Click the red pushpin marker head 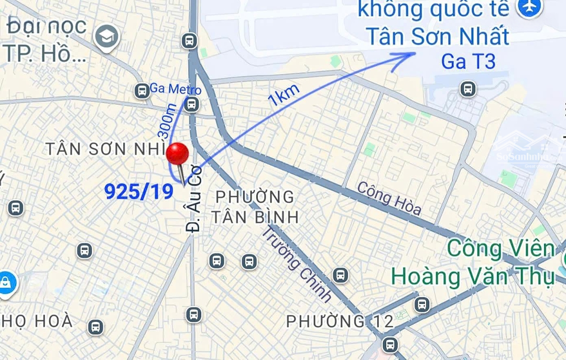[177, 154]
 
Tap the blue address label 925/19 [139, 192]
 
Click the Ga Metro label [175, 89]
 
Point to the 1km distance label [284, 95]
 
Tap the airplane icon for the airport [529, 7]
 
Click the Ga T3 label [468, 62]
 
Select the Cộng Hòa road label [389, 198]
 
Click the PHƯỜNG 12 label [340, 321]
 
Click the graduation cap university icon [107, 36]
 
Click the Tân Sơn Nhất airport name [437, 37]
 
